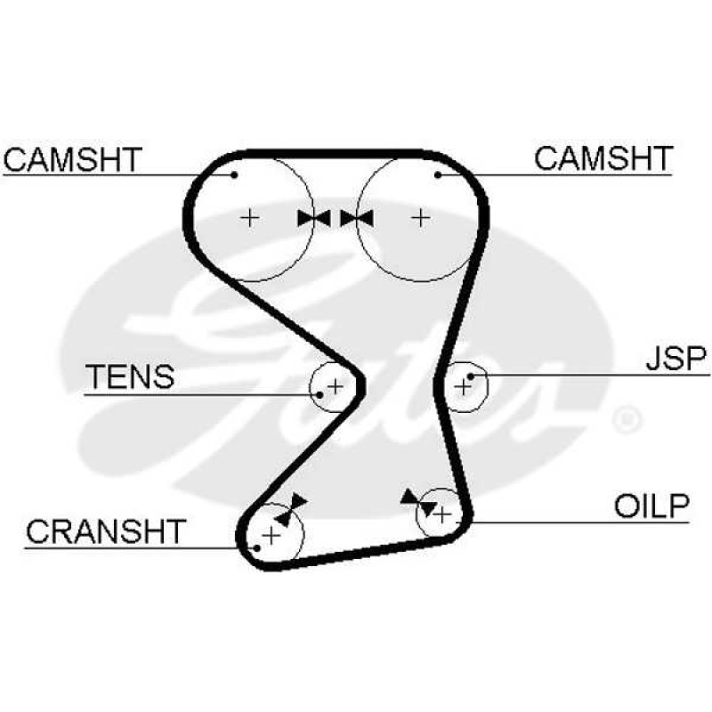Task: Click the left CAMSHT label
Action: [73, 159]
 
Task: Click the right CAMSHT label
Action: [603, 158]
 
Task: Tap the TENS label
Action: [130, 376]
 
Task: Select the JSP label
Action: [676, 359]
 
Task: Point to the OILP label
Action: [651, 506]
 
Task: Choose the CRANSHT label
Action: [106, 531]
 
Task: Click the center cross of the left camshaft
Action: [250, 218]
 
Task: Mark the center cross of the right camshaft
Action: [420, 218]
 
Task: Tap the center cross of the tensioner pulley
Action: [336, 387]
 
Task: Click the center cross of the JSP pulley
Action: [463, 387]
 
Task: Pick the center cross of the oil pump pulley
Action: [442, 515]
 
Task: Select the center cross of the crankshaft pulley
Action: [271, 536]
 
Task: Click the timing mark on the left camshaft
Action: [314, 218]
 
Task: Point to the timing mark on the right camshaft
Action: [357, 218]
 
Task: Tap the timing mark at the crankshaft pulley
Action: [291, 509]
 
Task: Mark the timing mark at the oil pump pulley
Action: [418, 503]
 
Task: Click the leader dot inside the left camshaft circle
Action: [234, 174]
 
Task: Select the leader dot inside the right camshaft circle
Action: [438, 174]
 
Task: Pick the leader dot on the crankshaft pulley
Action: [257, 548]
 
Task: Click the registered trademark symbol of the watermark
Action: [627, 419]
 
